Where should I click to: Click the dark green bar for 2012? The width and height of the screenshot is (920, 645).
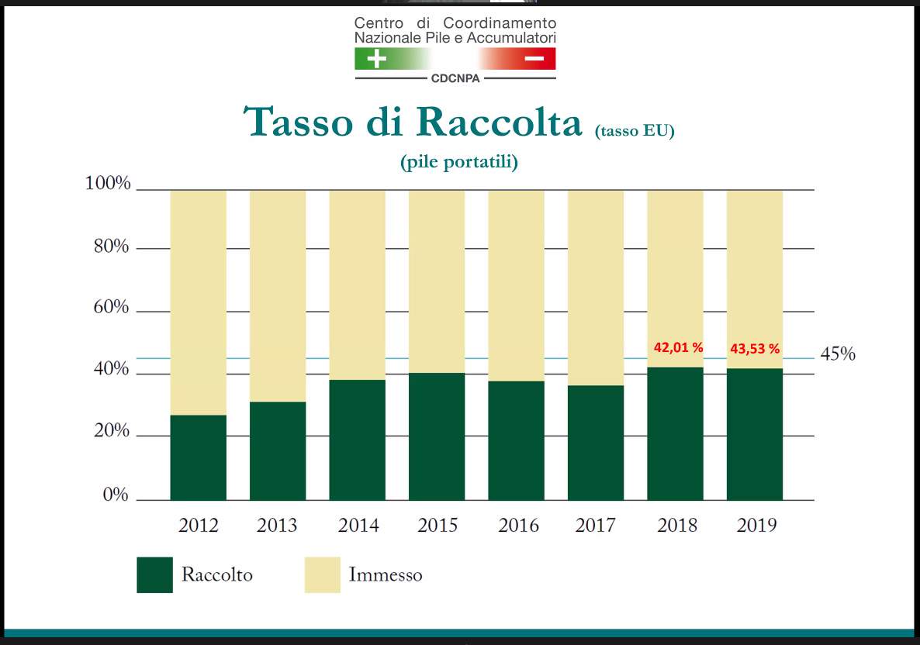(199, 457)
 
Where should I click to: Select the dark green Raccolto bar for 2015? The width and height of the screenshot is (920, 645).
(437, 436)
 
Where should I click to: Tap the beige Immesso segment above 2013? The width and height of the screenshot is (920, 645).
(278, 296)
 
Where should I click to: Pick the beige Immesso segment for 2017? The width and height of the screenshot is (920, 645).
(596, 288)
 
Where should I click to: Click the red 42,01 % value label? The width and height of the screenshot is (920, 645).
(678, 348)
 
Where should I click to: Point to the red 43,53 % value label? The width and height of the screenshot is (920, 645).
(755, 349)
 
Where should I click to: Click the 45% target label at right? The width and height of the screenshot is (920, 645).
(838, 354)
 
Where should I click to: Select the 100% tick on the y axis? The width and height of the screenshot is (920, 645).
(108, 183)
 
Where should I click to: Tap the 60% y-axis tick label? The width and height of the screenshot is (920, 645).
(111, 307)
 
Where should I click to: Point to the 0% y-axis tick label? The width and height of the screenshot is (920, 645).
(116, 495)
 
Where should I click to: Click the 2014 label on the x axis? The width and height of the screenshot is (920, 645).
(358, 525)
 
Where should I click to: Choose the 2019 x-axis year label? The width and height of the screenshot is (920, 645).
(756, 525)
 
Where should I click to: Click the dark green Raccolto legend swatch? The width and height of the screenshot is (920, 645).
(155, 574)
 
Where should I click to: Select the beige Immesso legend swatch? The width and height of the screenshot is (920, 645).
(322, 574)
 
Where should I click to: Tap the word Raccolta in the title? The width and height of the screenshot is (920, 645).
(500, 122)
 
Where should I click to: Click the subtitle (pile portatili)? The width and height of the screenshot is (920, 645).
(459, 162)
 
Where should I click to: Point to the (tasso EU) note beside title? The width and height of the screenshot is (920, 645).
(635, 130)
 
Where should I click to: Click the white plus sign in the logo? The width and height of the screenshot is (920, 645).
(377, 59)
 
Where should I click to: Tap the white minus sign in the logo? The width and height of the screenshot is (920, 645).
(534, 59)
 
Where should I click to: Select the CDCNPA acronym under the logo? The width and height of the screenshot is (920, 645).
(455, 78)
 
